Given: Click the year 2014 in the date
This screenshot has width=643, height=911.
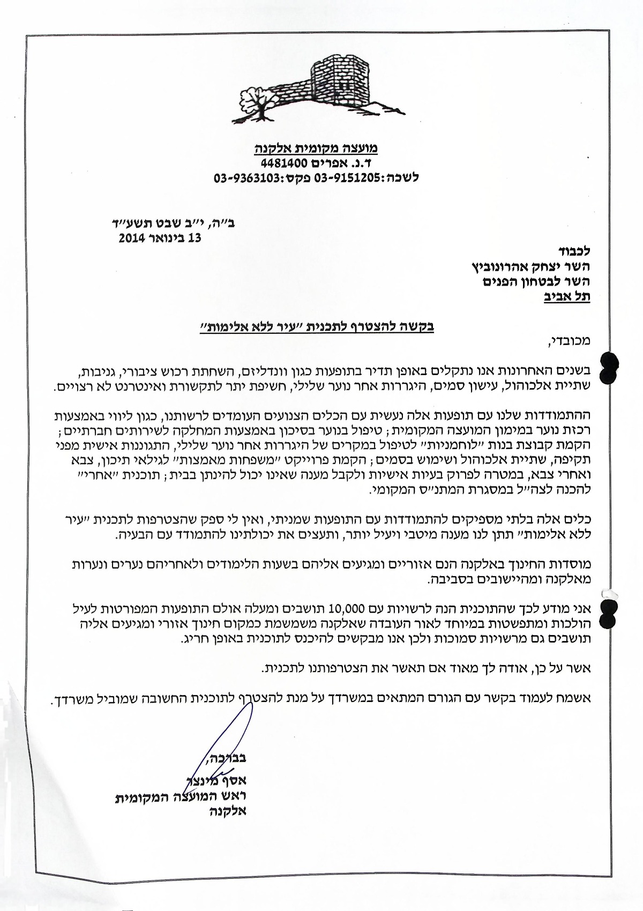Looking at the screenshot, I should [132, 239].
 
